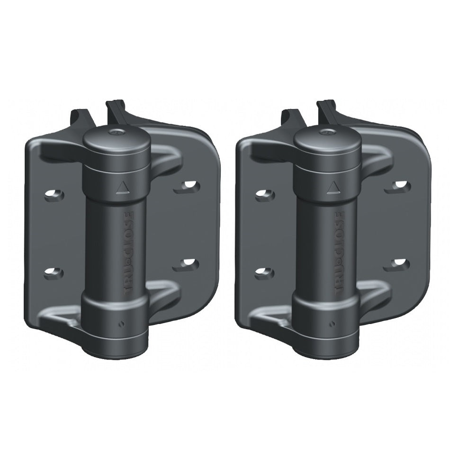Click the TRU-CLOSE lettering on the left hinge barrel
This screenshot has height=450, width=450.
tap(130, 253)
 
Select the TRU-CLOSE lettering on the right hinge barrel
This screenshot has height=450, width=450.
tap(342, 253)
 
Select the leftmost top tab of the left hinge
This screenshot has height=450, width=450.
tap(79, 116)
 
